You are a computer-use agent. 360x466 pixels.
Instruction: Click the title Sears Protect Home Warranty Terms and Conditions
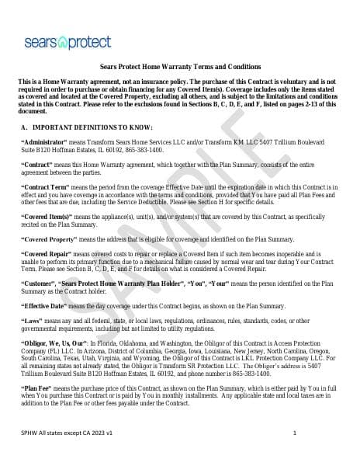pos(180,68)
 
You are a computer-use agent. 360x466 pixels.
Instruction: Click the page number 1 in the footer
pos(295,432)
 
